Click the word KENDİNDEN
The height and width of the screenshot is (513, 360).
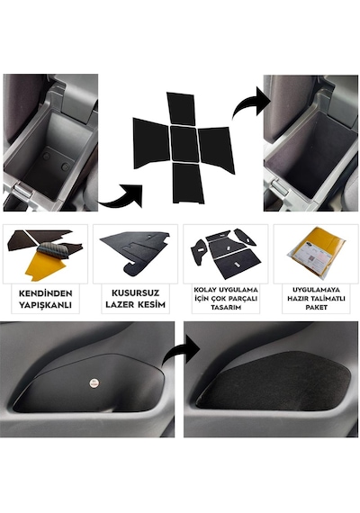point(46,293)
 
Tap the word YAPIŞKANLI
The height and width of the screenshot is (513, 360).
point(46,305)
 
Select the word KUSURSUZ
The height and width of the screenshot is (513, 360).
point(135,292)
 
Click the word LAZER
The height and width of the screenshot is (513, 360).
point(120,304)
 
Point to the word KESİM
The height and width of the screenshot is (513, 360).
point(151,304)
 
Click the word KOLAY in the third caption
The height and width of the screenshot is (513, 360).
point(206,290)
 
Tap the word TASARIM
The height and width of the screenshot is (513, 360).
point(226,308)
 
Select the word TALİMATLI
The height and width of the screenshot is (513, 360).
point(329,299)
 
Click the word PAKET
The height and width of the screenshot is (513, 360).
point(316,308)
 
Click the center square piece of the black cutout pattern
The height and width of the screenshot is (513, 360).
point(184,144)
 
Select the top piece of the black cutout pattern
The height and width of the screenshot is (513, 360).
point(181,109)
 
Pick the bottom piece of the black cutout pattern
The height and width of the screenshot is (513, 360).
point(188,183)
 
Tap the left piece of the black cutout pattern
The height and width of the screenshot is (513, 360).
point(151,143)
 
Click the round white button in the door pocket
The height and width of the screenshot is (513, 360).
point(94,382)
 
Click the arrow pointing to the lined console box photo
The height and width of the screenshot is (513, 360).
point(250,103)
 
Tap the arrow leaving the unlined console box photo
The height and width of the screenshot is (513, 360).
point(121,196)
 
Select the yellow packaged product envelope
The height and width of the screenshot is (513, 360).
point(316,251)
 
